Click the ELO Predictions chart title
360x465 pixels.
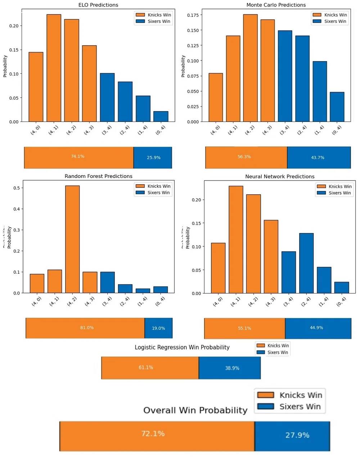point(98,5)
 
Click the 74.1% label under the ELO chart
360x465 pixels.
point(77,156)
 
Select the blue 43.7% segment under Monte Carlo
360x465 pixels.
point(318,158)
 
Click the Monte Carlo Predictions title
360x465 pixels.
point(276,5)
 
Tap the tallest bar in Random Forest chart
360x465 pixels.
point(72,239)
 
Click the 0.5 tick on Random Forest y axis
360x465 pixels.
point(17,188)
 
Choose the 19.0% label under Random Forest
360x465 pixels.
point(158,328)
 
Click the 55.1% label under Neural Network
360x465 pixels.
point(244,328)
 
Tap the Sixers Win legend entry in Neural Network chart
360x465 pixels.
point(334,193)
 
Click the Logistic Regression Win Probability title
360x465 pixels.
point(182,347)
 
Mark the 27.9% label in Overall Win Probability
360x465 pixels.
point(297,435)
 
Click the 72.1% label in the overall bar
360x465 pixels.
point(153,434)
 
